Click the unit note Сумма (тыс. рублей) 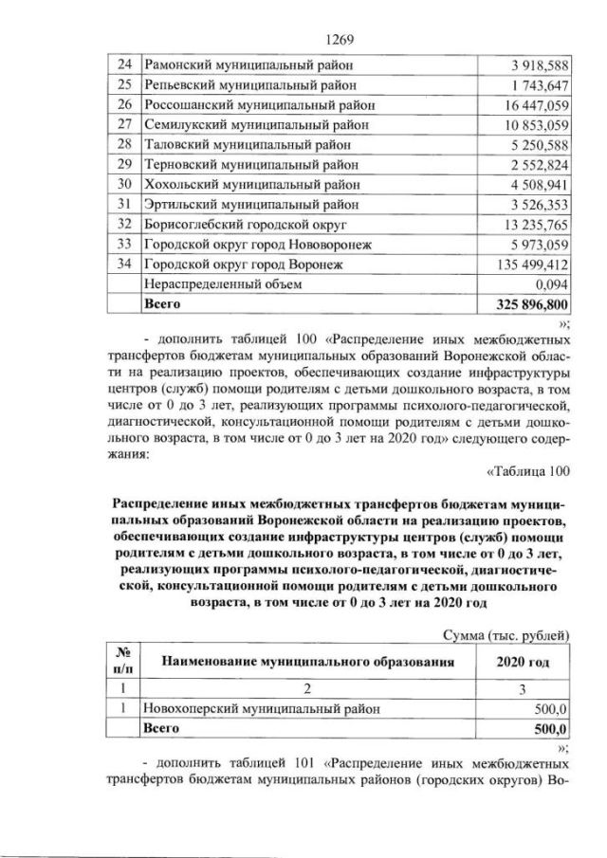[x=506, y=635]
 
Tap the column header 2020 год [x=523, y=663]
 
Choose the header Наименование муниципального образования [x=303, y=663]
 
